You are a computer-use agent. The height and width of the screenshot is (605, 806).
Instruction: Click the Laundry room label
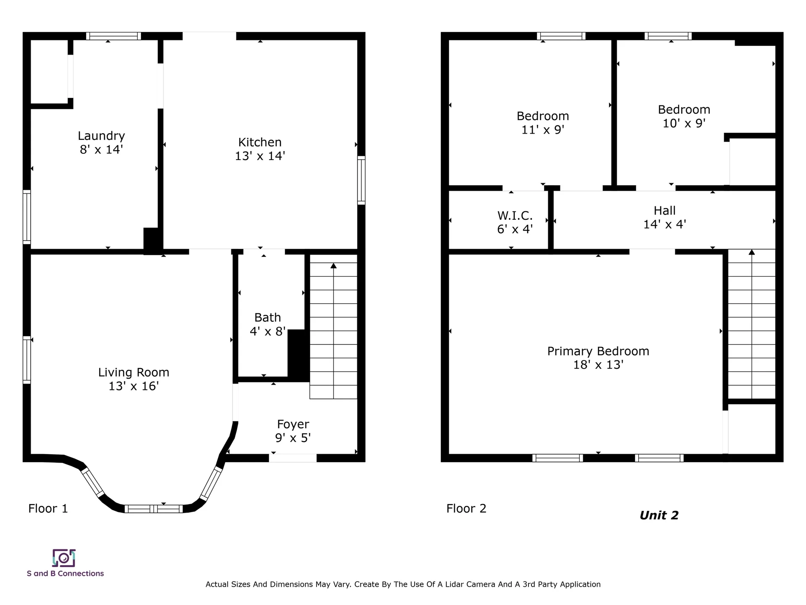coord(101,136)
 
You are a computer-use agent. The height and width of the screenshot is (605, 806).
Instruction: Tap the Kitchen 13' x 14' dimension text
coord(260,156)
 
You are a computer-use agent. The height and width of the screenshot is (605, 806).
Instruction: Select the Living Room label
coord(133,372)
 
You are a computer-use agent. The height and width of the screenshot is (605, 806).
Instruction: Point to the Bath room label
coord(267,317)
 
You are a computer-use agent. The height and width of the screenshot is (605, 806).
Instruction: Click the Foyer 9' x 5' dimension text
coord(293,438)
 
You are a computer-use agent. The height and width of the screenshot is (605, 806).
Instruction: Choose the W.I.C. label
coord(515,216)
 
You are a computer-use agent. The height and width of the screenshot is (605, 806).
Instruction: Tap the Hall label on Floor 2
coord(665,210)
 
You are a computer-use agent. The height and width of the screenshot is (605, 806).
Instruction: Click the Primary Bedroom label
coord(598,351)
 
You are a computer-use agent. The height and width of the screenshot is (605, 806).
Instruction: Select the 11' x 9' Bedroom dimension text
coord(542,129)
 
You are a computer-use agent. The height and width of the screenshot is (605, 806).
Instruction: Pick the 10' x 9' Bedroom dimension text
coord(684,123)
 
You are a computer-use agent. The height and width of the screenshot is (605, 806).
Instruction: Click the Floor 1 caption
coord(48,508)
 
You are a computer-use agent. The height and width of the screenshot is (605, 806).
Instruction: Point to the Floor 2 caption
coord(466,508)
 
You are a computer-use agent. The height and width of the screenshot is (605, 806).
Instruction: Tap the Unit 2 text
coord(659,515)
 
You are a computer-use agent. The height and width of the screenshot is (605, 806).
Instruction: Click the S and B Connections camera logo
coord(64,558)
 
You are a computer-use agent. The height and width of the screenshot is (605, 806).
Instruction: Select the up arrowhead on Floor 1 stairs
coord(333,266)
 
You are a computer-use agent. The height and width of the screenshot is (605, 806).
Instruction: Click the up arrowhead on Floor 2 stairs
coord(751,252)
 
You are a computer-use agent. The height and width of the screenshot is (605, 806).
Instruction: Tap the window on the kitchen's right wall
coord(361,180)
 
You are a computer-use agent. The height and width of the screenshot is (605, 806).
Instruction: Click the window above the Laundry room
coord(113,36)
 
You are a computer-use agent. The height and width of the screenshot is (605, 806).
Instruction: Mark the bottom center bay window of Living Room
coord(154,509)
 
